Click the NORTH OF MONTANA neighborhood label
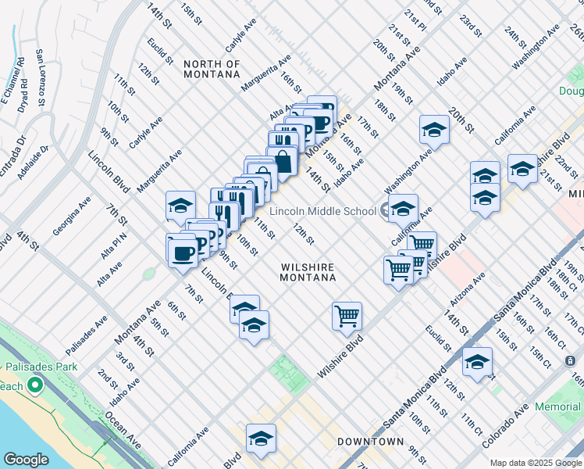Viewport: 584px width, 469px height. pos(211,69)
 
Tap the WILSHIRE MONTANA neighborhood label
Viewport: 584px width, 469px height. pos(308,272)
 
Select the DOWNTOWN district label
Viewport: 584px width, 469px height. pos(370,442)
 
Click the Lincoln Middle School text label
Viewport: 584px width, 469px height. pos(323,211)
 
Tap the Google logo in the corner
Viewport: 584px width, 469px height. pos(26,460)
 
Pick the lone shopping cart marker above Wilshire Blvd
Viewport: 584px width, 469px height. pos(347,316)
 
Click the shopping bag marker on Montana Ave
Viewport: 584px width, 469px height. pos(284,162)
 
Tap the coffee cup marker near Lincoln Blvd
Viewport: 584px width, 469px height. pos(183,252)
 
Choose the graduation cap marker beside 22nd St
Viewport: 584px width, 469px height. pos(522,169)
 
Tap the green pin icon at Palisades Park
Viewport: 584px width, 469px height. pos(34,386)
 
